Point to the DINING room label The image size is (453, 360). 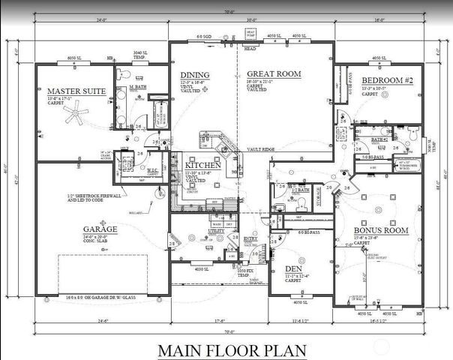coord(193,75)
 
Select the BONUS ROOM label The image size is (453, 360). coord(383,230)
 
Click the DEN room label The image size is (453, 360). coord(293,268)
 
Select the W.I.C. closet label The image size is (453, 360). coord(153,169)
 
